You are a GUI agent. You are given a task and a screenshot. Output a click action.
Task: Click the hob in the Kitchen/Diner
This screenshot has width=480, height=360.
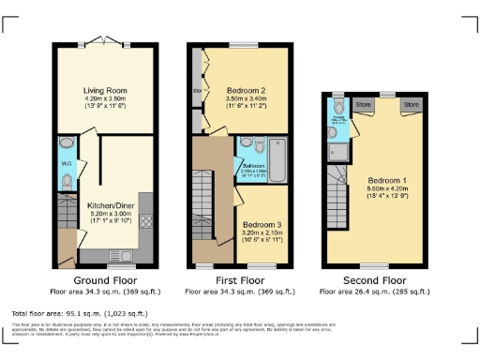coord(145,222)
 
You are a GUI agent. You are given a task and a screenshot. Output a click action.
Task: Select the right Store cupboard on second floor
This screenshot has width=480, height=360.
coord(411,105)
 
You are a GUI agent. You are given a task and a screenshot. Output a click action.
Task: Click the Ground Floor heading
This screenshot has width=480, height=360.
coord(103,279)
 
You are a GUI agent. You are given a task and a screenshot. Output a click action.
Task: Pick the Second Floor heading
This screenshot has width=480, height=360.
coord(373,279)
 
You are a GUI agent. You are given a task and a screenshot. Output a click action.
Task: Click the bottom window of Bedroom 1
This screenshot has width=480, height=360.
coord(375,265)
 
